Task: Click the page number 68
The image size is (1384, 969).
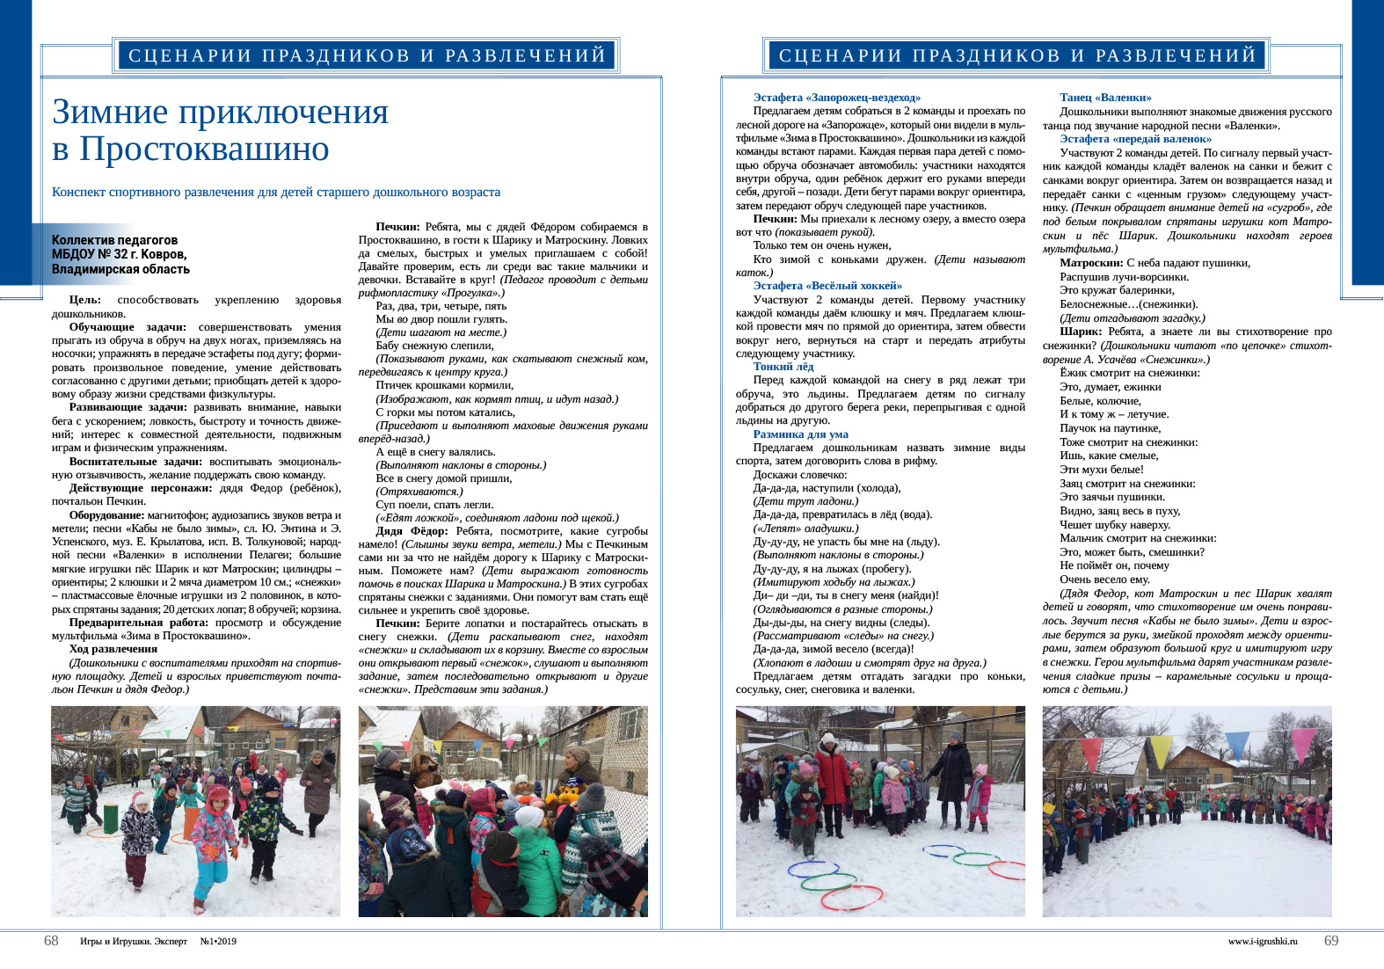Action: coord(51,941)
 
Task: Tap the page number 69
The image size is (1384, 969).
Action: coord(1331,941)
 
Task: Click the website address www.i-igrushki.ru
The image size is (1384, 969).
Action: coord(1262,942)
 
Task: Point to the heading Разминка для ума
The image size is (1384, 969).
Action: coord(800,434)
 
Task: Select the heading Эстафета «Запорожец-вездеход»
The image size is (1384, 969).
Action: coord(836,98)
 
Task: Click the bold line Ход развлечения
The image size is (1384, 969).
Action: coord(113,649)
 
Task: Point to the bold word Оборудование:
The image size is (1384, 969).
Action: coord(106,515)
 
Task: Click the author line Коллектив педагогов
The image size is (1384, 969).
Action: coord(114,240)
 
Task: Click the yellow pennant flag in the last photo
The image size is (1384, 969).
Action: coord(1161,750)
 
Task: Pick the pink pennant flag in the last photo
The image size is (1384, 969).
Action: coord(1091,754)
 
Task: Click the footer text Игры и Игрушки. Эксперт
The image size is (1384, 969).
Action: coord(134,942)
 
